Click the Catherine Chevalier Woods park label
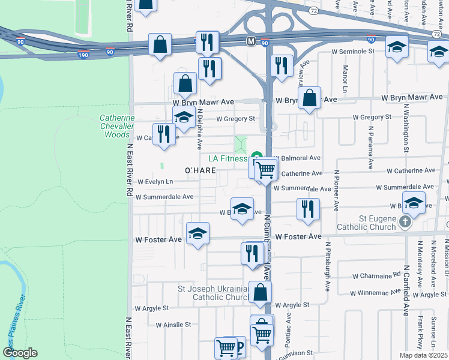pyautogui.click(x=117, y=127)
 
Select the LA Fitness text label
pyautogui.click(x=228, y=158)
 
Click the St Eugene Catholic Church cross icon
pyautogui.click(x=405, y=223)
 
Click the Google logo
pyautogui.click(x=20, y=353)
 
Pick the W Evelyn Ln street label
pyautogui.click(x=155, y=181)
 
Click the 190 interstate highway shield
pyautogui.click(x=83, y=55)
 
